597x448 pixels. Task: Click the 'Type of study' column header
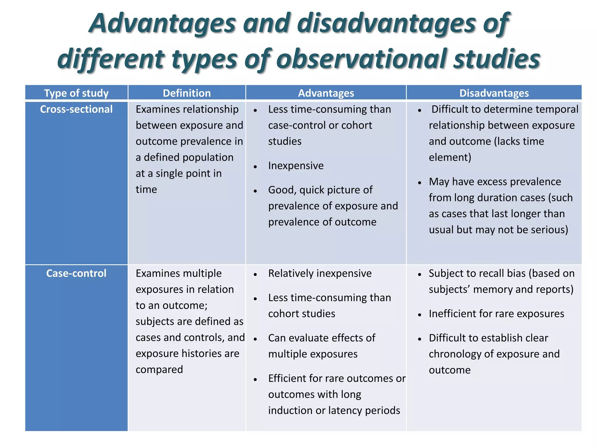[76, 93]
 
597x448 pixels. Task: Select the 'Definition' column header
[187, 93]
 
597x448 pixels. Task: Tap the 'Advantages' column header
[326, 93]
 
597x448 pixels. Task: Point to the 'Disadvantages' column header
[494, 93]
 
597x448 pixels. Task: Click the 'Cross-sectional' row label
[76, 109]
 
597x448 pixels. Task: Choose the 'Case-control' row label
[76, 273]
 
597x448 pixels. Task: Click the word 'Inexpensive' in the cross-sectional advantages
[296, 166]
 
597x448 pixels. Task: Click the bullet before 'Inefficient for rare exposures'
[419, 315]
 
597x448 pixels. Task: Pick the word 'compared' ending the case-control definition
[159, 370]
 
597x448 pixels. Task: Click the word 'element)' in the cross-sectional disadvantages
[450, 157]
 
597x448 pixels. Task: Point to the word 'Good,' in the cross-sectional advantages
[282, 190]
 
